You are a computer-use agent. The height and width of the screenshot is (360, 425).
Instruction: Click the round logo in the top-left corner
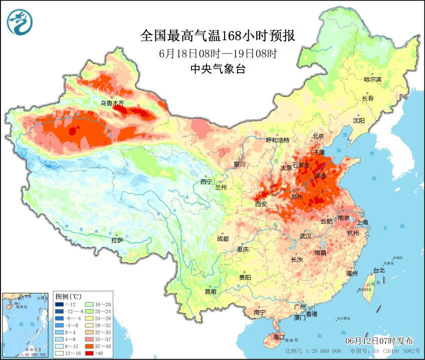tap(20, 22)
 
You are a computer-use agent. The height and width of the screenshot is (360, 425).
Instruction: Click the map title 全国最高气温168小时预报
tap(218, 37)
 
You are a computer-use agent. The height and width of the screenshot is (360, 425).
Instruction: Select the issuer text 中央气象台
tap(218, 69)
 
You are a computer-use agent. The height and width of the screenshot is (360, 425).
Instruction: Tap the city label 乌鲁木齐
tap(112, 103)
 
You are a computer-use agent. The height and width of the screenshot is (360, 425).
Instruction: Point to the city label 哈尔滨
tap(372, 79)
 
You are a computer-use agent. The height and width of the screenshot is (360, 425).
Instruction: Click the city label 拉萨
tap(117, 240)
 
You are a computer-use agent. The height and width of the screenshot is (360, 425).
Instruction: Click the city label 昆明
tap(210, 292)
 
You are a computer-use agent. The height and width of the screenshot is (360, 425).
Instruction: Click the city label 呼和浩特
tap(278, 140)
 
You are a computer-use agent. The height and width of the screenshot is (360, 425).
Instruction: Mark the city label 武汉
tap(305, 236)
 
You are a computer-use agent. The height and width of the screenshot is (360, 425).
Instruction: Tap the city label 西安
tap(261, 204)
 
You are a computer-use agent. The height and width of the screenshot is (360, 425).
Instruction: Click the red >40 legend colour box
tap(93, 352)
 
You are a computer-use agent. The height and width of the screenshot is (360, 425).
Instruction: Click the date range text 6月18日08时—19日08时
tap(218, 53)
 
